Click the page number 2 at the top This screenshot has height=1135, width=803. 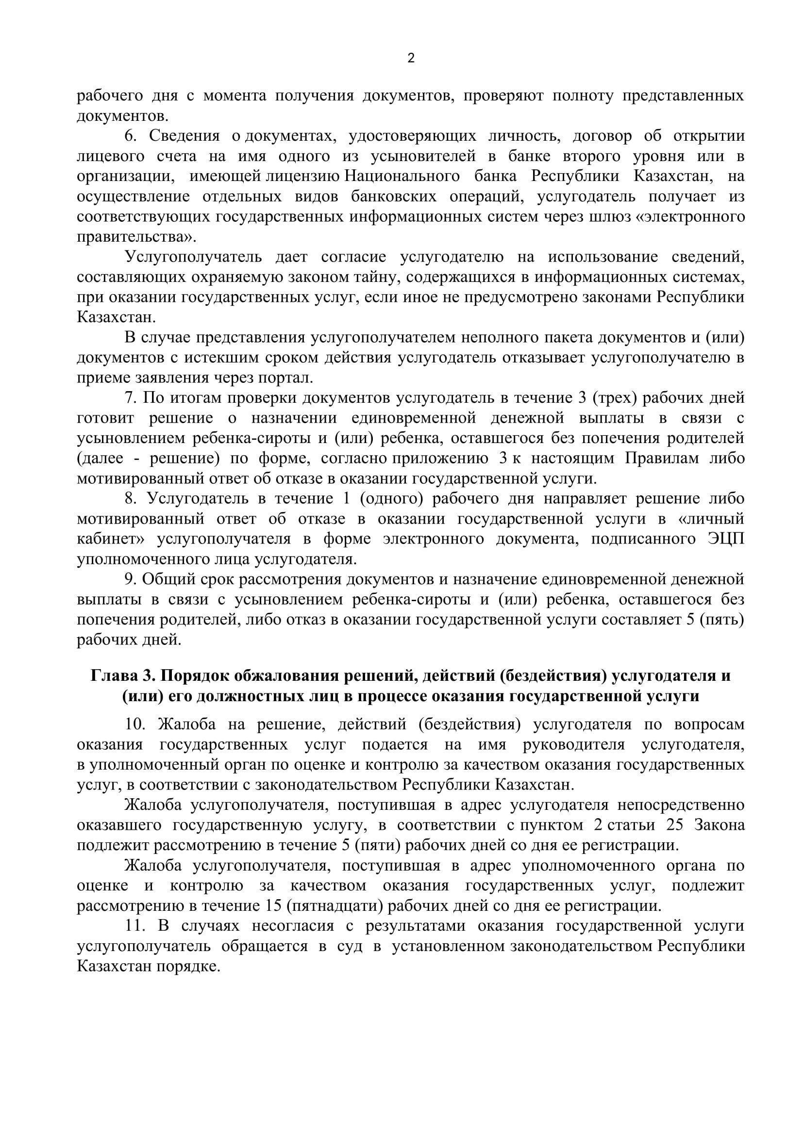pyautogui.click(x=411, y=59)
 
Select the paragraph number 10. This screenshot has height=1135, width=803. pyautogui.click(x=134, y=724)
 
